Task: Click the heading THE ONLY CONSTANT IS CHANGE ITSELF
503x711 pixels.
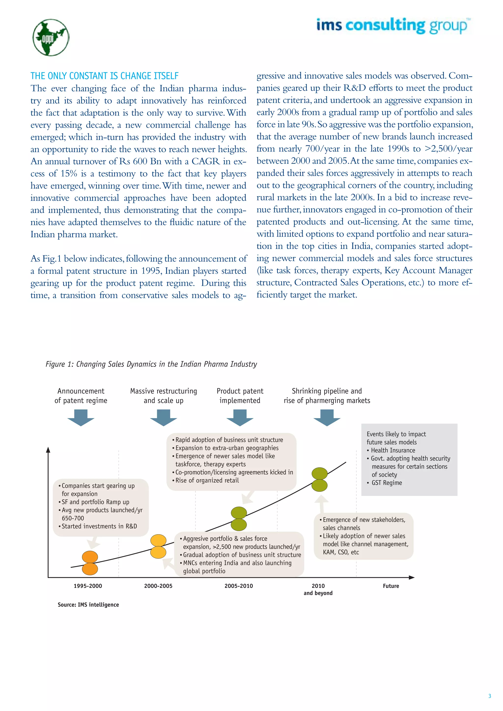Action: (x=104, y=76)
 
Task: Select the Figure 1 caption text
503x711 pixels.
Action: (x=151, y=364)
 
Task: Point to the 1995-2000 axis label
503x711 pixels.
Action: (x=88, y=586)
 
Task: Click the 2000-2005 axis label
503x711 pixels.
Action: (x=158, y=586)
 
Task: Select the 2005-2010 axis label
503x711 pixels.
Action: (x=238, y=586)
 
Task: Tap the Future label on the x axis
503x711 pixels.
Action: (x=391, y=586)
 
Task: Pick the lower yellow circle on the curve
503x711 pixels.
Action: (x=158, y=552)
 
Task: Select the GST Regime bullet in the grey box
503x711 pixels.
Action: (x=386, y=483)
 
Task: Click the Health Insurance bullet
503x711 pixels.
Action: (x=393, y=450)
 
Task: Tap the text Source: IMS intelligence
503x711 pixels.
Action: (x=88, y=605)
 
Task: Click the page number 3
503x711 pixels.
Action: (x=489, y=696)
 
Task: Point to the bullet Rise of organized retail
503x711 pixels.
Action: (x=207, y=480)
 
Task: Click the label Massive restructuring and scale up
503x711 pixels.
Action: (x=164, y=396)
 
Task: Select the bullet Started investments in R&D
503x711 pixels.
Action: (x=99, y=526)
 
